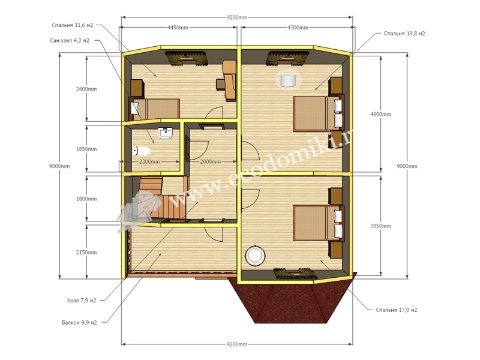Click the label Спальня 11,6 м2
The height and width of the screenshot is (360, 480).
[72, 25]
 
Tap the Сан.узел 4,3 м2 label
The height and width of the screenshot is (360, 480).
[70, 40]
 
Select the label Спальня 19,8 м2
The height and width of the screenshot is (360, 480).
[404, 34]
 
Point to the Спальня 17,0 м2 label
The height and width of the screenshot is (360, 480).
[397, 310]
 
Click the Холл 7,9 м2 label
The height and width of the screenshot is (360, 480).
[82, 301]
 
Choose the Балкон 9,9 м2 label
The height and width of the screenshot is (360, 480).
[79, 322]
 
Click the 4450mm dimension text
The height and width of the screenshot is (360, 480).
[178, 28]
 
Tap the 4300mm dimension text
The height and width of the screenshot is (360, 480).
[298, 28]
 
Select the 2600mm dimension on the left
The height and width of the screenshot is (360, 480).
[86, 89]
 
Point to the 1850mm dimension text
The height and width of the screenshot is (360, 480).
[86, 149]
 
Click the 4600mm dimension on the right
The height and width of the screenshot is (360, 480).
[380, 114]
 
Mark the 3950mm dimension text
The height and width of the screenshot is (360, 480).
[380, 226]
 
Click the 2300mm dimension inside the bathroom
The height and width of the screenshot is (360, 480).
[149, 161]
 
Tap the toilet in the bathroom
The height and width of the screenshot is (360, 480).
[142, 151]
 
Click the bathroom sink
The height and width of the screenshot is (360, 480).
[166, 133]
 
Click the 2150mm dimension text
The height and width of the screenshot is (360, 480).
[86, 253]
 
